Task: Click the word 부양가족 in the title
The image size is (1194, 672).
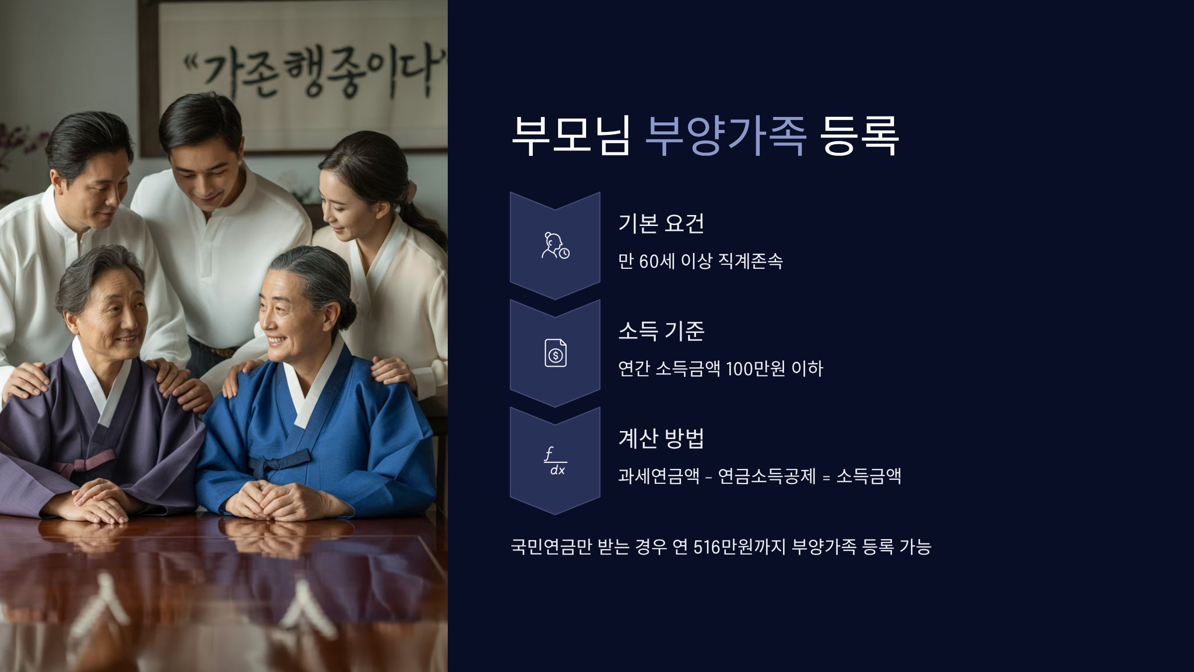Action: (x=725, y=135)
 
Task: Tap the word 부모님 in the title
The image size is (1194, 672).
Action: (x=571, y=135)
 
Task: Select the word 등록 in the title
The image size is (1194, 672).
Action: (x=859, y=135)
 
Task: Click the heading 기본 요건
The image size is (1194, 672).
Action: (x=661, y=224)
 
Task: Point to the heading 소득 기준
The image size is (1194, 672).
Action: (x=661, y=331)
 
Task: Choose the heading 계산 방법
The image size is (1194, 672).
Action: (x=661, y=439)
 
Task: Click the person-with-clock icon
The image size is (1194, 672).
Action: (x=555, y=246)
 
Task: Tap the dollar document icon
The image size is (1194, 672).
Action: (x=555, y=353)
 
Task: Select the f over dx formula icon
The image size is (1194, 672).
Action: (x=555, y=461)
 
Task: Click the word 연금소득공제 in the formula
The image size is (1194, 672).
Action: (x=767, y=476)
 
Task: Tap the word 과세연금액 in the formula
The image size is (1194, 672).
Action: (x=659, y=476)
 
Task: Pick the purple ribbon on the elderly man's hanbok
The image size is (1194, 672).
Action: (x=85, y=463)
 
